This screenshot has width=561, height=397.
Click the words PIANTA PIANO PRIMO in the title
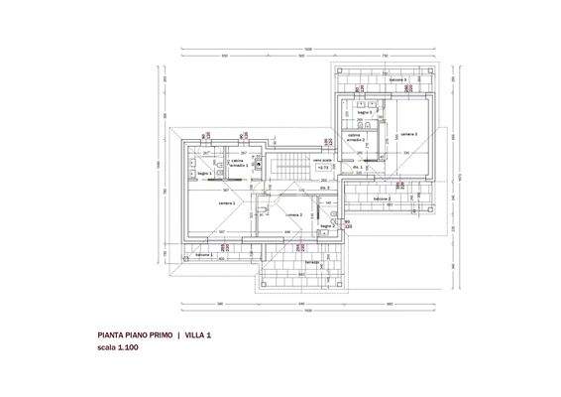coord(135,336)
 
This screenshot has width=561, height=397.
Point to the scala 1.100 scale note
coord(118,349)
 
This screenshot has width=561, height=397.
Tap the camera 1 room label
coord(226,202)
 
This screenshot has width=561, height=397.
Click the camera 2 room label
coord(294,214)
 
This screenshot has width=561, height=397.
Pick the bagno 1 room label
coord(204,174)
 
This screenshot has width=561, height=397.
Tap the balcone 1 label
coord(205,255)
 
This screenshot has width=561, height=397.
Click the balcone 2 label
coord(383,199)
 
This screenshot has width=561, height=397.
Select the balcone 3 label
coord(398,79)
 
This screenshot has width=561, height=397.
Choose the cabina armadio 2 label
coord(356,139)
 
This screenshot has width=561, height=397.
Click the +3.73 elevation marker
coord(322,169)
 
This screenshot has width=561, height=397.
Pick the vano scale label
coord(321,160)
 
